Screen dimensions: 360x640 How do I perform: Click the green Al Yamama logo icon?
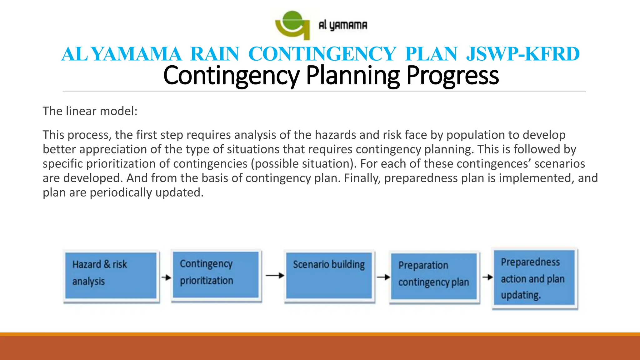292,25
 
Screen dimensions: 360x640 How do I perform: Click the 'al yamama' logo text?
343,25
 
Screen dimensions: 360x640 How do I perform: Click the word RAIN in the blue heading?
215,54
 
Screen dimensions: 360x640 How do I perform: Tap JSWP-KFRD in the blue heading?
522,54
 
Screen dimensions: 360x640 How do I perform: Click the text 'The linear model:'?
90,111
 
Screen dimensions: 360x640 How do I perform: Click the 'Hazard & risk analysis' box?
111,276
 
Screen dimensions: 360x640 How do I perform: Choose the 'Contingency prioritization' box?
216,275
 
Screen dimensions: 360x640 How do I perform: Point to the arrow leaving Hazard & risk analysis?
166,277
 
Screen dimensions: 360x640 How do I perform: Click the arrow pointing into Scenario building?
275,276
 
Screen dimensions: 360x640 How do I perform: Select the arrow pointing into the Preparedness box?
487,277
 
